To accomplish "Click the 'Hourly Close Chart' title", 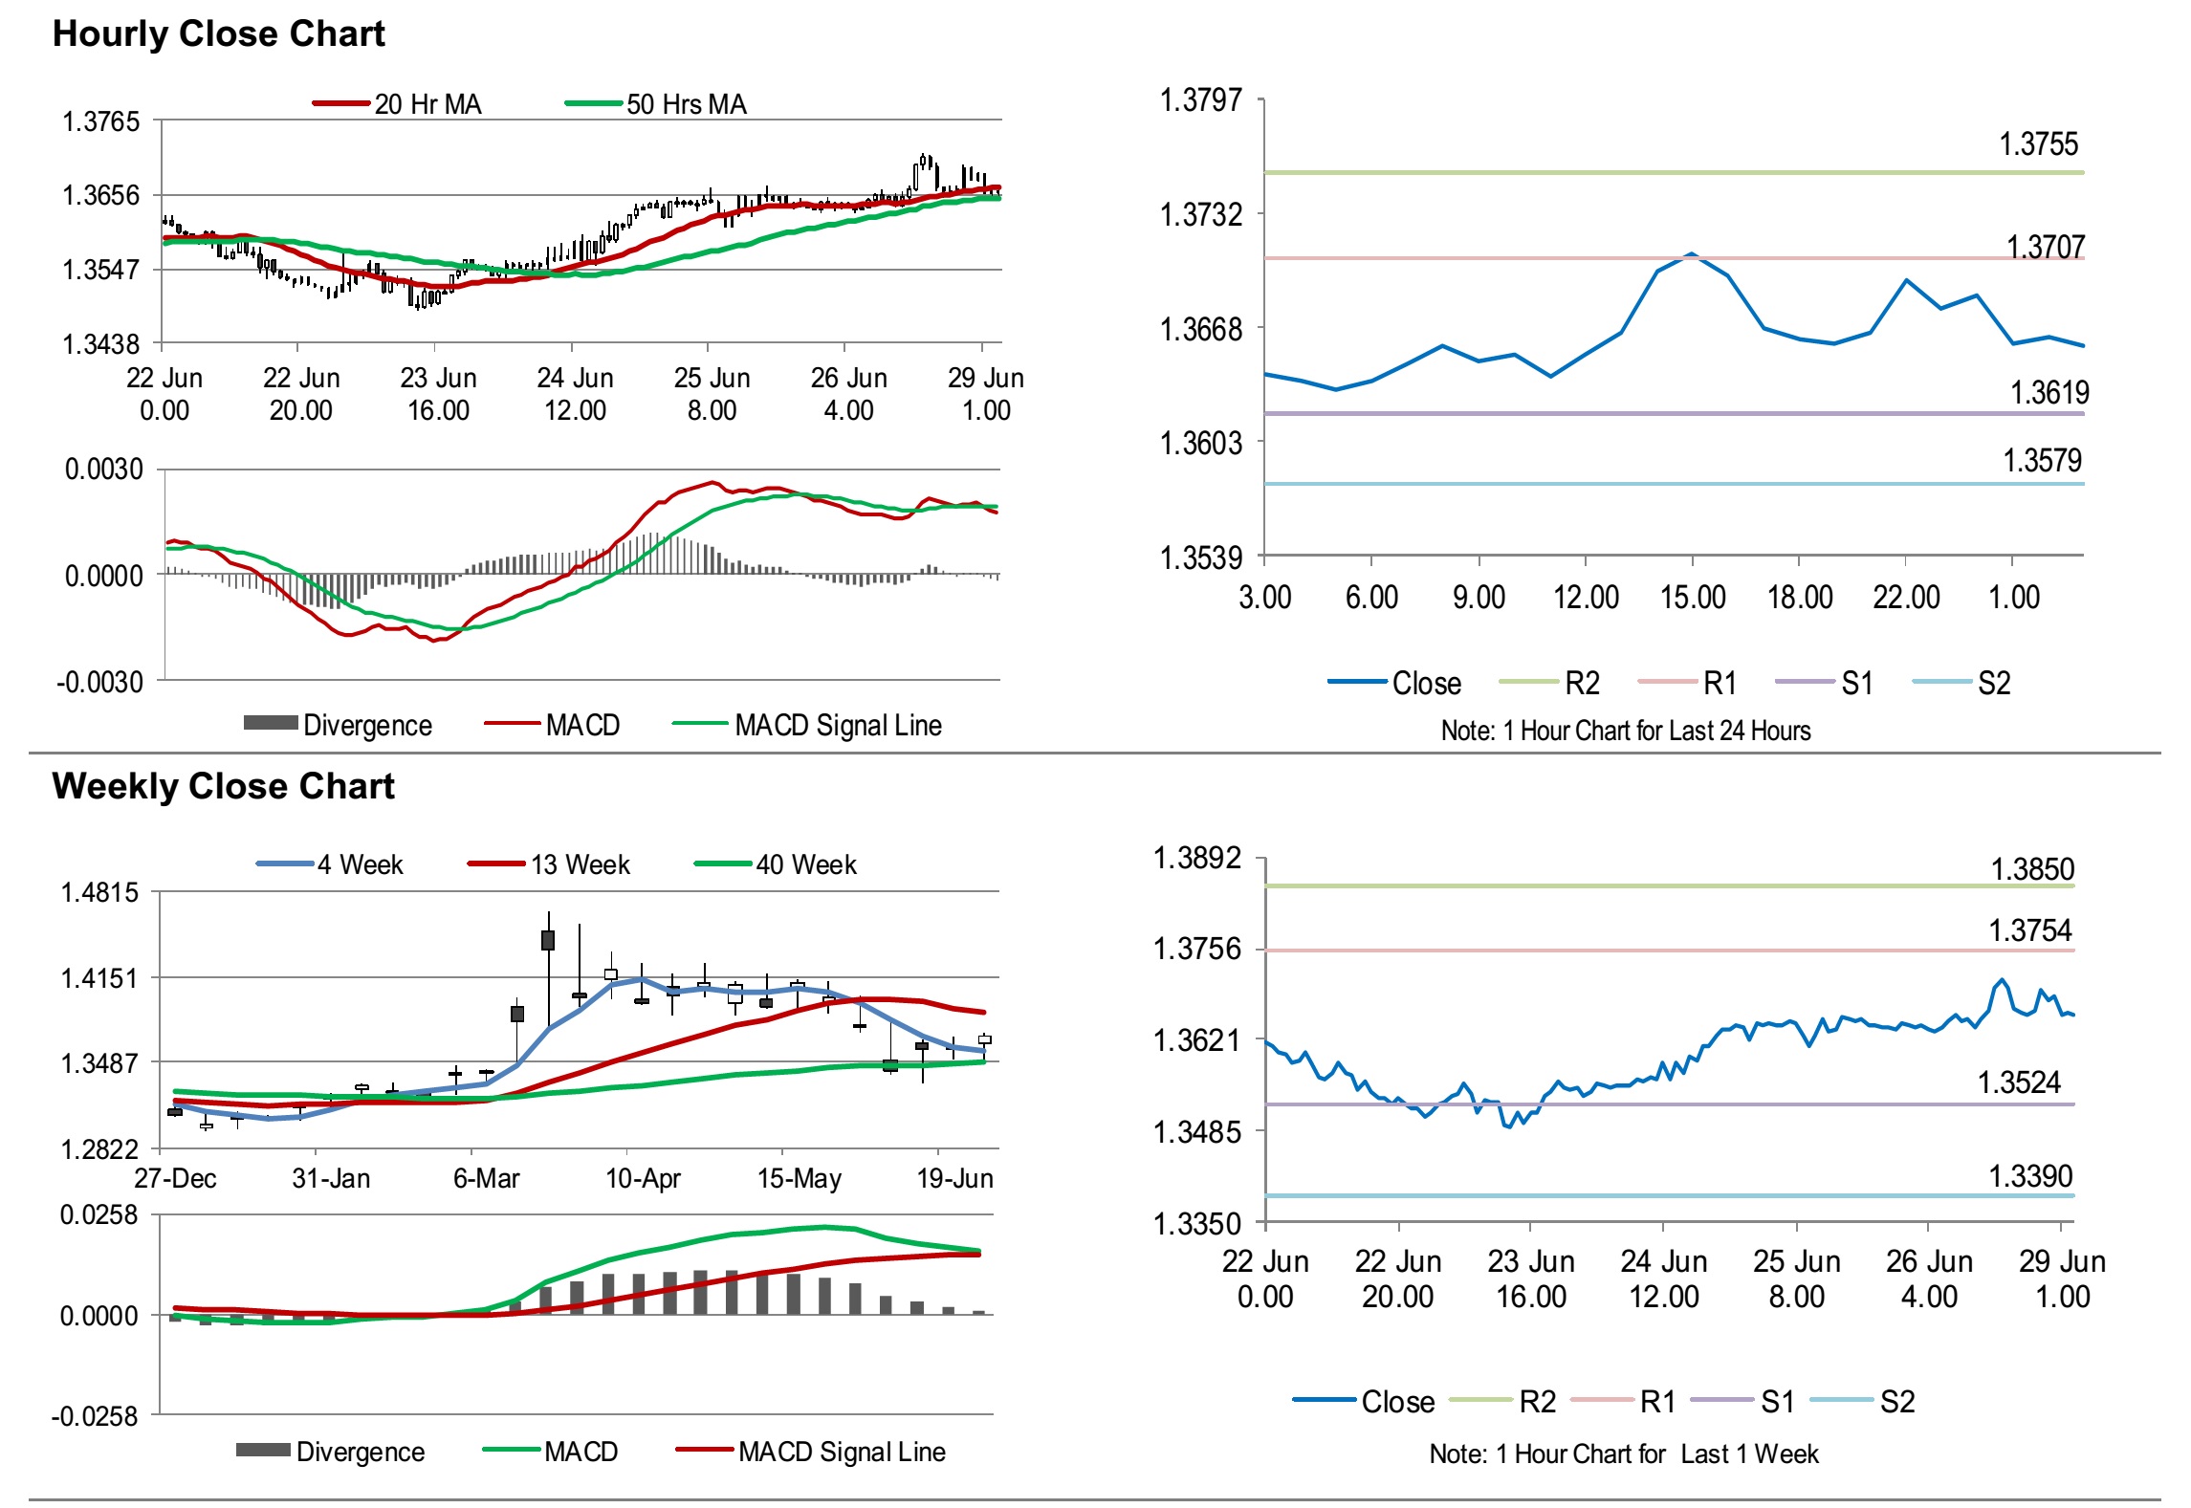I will (x=218, y=33).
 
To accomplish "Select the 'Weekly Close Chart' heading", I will (x=223, y=786).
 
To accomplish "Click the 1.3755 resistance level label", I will (x=2038, y=144).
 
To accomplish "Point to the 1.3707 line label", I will (x=2045, y=247).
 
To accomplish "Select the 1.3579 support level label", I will (x=2042, y=461).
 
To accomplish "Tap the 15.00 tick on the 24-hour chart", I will (x=1692, y=598).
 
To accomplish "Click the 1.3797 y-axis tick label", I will (x=1200, y=99).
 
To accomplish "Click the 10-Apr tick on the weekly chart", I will (x=643, y=1178).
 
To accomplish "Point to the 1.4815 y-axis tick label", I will (x=99, y=893).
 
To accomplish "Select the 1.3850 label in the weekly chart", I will (x=2032, y=869).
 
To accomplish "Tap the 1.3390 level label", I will (x=2030, y=1176).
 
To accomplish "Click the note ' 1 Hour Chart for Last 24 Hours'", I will (x=1625, y=732).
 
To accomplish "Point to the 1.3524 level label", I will (x=2019, y=1082).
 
